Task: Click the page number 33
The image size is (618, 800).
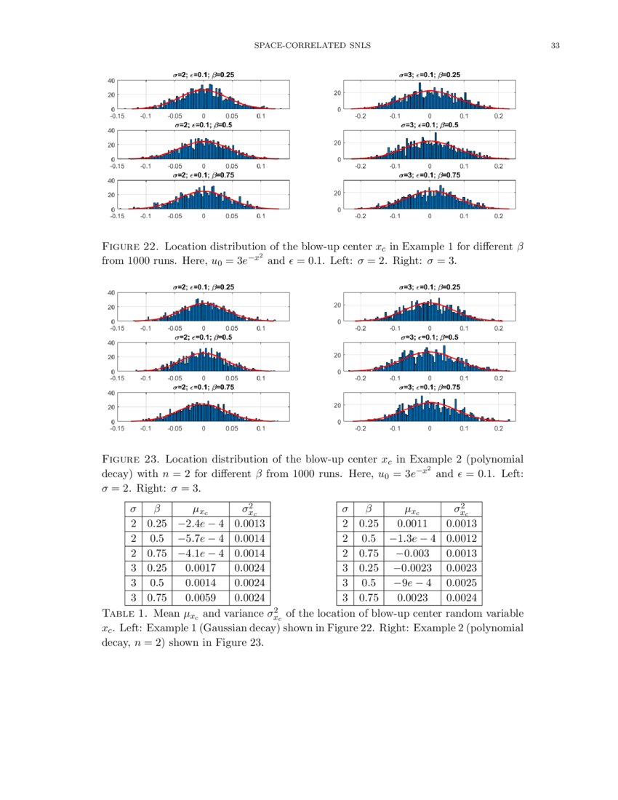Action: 555,46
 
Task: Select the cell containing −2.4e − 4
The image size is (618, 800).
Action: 198,524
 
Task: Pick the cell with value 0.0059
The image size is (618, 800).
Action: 198,598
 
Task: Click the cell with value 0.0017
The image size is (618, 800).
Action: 198,568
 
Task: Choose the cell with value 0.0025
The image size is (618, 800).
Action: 462,583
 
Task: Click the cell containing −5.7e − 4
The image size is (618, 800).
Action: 198,538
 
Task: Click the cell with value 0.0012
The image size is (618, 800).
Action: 462,538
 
